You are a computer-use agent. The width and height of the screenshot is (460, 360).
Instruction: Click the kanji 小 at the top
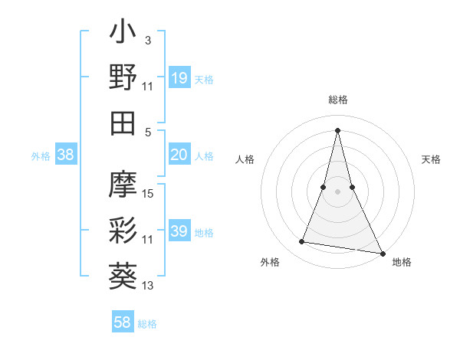click(123, 34)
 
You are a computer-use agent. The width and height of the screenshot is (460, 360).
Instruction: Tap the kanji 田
click(123, 122)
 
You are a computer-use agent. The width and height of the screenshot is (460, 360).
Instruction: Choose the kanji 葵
click(123, 273)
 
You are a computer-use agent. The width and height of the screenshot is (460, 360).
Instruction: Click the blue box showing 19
click(179, 77)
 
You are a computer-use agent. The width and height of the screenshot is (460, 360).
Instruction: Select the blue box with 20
click(179, 155)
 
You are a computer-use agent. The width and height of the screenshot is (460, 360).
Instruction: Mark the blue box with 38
click(65, 155)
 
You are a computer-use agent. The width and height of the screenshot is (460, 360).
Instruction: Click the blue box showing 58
click(122, 322)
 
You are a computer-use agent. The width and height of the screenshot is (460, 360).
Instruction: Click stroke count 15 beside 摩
click(149, 194)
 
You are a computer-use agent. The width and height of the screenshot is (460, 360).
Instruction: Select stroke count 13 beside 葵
click(149, 286)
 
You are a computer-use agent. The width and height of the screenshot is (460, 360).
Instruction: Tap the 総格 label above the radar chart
click(338, 100)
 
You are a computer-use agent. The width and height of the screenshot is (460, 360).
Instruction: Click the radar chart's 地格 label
click(402, 262)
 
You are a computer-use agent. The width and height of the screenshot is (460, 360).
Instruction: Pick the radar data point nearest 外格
click(302, 242)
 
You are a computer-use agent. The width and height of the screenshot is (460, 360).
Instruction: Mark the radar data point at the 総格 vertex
click(338, 129)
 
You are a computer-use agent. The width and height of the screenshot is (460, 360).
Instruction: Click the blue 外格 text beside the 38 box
click(41, 156)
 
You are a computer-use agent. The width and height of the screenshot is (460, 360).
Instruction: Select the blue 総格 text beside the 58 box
click(147, 324)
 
